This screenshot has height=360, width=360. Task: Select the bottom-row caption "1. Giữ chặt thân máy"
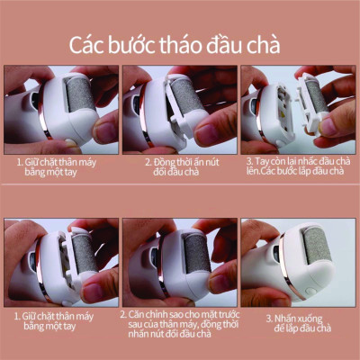[60, 316]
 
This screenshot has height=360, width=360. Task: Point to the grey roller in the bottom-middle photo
[197, 255]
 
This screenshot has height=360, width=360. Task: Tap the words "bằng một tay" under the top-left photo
[60, 174]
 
